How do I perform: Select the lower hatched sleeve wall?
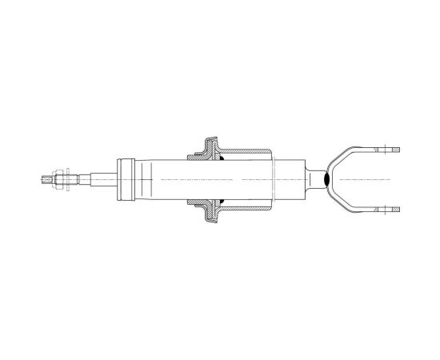(244, 209)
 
